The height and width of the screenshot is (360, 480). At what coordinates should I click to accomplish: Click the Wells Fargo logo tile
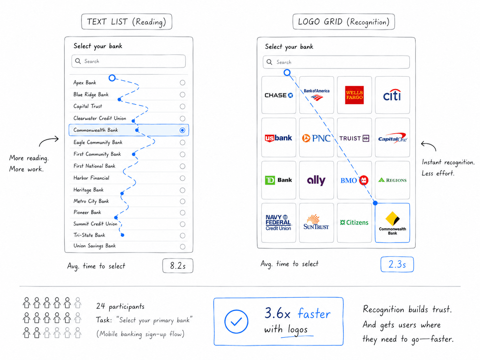tap(354, 95)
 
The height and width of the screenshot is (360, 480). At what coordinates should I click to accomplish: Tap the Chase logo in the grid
tap(278, 95)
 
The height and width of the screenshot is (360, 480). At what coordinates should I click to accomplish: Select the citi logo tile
tap(392, 95)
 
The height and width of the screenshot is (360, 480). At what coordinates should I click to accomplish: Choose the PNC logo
tap(317, 138)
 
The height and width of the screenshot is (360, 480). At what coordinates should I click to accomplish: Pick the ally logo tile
tap(317, 180)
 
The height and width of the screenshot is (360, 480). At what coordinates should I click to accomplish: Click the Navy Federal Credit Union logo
tap(278, 222)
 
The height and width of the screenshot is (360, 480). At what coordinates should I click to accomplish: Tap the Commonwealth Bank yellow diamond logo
tap(392, 218)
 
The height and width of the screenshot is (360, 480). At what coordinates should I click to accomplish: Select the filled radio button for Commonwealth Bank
tap(182, 130)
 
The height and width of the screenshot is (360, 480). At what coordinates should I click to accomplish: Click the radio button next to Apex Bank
tap(182, 83)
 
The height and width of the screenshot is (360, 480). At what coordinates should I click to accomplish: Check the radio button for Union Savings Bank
tap(182, 247)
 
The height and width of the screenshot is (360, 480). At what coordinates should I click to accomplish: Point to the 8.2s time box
tap(178, 266)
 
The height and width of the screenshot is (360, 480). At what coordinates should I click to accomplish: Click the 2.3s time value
tap(397, 264)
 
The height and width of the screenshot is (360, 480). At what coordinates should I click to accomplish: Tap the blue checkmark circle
tap(236, 321)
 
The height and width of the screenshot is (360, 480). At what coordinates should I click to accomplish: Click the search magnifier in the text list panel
tap(78, 61)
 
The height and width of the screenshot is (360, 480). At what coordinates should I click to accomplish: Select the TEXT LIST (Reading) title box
tap(127, 22)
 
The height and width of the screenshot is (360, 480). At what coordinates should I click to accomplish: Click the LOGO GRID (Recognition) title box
tap(343, 22)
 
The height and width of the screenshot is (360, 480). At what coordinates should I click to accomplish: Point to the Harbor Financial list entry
tap(91, 178)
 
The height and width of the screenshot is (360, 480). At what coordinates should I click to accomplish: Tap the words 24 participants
tap(120, 306)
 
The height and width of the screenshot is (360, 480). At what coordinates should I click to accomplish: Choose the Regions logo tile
tap(392, 180)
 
